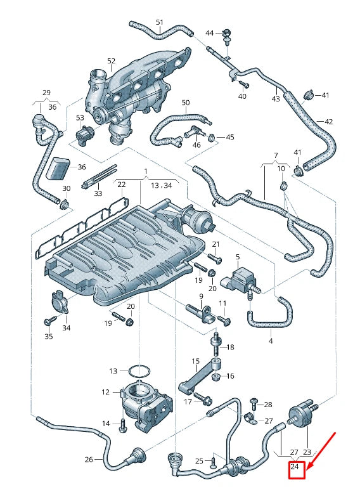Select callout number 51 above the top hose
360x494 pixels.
tap(160, 22)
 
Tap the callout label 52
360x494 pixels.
tap(112, 61)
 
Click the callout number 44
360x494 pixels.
tap(210, 32)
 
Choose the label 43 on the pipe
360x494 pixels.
tap(276, 99)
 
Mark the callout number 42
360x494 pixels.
tap(328, 121)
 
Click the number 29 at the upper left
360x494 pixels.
tap(46, 93)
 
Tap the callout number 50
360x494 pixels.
tap(186, 102)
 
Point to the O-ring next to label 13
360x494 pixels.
tap(140, 370)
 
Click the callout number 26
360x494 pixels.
tap(89, 460)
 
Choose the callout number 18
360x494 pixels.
tap(230, 347)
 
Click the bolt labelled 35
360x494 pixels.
tap(48, 322)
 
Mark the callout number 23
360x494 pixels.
tap(307, 452)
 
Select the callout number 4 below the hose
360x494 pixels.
tap(271, 341)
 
